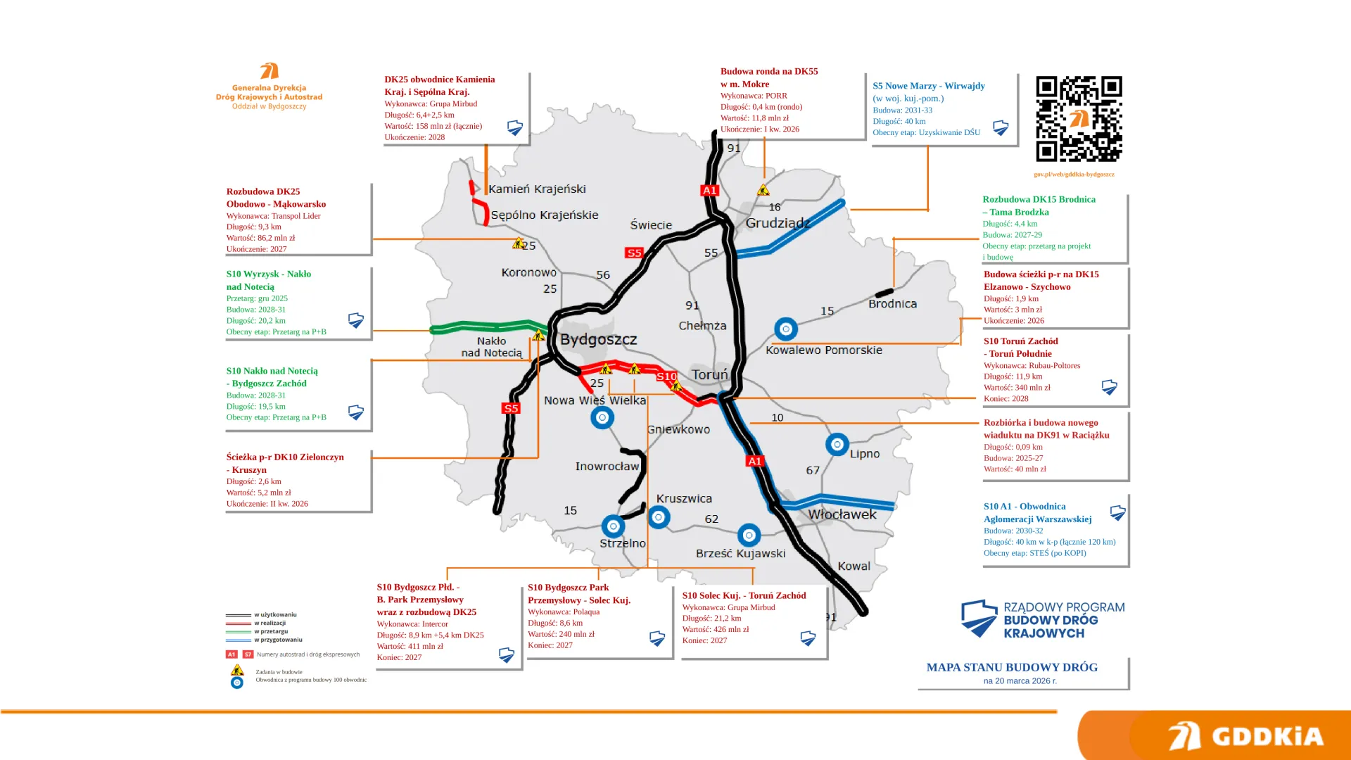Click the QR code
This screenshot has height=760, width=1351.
(x=1079, y=119)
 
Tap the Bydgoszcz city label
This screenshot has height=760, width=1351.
(x=598, y=340)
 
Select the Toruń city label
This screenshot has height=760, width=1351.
(x=709, y=374)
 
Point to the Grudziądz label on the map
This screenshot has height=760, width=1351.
(x=778, y=223)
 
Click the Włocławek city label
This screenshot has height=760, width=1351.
(x=842, y=514)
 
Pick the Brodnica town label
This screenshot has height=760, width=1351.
(x=892, y=304)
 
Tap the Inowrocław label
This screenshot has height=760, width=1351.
(x=607, y=467)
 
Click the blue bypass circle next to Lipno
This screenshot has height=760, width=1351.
(x=837, y=445)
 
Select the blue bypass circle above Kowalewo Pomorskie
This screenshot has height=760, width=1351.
(x=785, y=329)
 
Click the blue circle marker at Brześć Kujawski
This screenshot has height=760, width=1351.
(x=749, y=536)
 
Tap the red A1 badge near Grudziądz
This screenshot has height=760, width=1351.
(x=709, y=191)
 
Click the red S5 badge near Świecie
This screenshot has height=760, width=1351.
(x=634, y=253)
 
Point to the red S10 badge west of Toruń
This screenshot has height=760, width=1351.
(x=666, y=377)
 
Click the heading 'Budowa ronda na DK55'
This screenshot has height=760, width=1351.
(x=768, y=72)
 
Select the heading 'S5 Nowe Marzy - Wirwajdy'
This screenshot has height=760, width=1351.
(x=928, y=86)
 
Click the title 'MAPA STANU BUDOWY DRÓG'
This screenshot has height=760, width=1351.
(x=1011, y=667)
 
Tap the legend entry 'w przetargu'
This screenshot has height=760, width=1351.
(x=271, y=631)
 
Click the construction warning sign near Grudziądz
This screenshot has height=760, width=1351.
(x=763, y=190)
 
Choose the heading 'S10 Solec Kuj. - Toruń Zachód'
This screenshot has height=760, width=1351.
(x=744, y=595)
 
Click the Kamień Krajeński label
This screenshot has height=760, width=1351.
(x=537, y=189)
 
